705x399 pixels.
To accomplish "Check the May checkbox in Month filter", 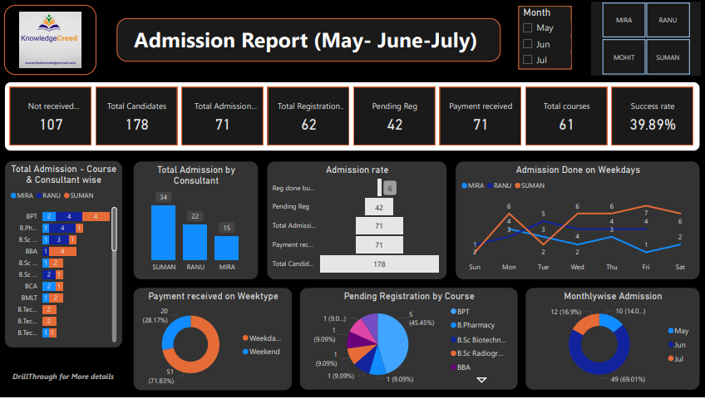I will (527, 28).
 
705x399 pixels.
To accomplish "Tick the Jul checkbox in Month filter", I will (527, 60).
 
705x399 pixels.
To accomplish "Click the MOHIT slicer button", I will (624, 57).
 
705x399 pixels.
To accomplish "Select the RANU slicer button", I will (668, 20).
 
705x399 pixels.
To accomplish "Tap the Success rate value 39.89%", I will (652, 125).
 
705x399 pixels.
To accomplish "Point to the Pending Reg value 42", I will (394, 125).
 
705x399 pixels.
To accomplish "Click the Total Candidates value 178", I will (136, 125).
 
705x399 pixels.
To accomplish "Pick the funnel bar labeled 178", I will (379, 264).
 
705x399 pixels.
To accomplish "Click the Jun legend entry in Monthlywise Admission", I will (678, 344).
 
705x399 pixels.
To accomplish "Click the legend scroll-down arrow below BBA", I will (481, 380).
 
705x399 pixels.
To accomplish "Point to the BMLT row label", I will (28, 297).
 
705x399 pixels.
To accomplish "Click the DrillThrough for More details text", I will (63, 377).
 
